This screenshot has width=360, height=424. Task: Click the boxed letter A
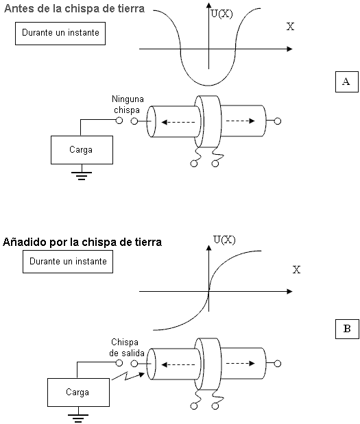(347, 82)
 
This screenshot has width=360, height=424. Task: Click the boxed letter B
(347, 329)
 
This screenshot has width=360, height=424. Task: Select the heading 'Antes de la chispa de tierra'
(75, 9)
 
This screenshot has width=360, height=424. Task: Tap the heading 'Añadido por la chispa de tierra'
(82, 242)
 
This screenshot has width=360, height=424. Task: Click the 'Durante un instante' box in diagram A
(60, 34)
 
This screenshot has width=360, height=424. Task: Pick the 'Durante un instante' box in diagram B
(68, 262)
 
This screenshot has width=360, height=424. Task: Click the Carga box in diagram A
(82, 150)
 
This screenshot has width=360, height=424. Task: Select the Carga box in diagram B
(78, 392)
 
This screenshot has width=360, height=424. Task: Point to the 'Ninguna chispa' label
(128, 104)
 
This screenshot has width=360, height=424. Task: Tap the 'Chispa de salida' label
(127, 347)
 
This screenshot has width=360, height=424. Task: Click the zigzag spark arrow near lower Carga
(128, 376)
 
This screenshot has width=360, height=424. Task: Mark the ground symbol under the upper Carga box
(82, 175)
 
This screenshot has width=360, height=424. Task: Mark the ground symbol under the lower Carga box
(78, 418)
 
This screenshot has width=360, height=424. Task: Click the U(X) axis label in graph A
(221, 14)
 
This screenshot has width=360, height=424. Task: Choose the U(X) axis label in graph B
(224, 240)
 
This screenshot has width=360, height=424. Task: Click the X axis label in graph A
(291, 27)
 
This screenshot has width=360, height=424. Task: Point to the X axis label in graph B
(297, 270)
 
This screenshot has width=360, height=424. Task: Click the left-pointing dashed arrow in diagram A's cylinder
(178, 122)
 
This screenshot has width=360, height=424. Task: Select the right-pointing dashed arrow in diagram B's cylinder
(241, 364)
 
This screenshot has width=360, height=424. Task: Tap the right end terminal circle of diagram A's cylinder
(278, 121)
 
